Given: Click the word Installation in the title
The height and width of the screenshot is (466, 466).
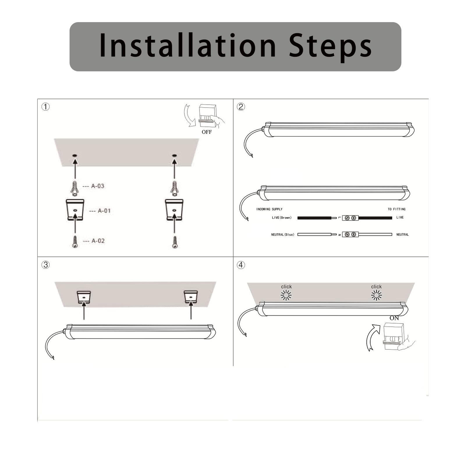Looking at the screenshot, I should (187, 46).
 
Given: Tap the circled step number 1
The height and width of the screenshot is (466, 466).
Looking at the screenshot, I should (45, 107).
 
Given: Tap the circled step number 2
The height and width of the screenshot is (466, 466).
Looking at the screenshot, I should (241, 107).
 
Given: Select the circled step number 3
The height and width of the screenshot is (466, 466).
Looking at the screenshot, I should (45, 265).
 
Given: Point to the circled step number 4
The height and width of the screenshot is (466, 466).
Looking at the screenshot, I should (241, 265).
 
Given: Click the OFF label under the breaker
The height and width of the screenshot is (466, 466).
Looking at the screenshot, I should (206, 132).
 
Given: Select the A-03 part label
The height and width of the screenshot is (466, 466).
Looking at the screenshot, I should (98, 186).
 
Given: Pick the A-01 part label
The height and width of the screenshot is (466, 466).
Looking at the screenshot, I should (104, 211).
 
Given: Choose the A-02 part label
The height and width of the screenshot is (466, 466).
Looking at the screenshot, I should (98, 241).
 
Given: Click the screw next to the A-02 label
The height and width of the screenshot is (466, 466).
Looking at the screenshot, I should (75, 242).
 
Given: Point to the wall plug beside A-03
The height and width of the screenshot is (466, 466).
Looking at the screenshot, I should (75, 188).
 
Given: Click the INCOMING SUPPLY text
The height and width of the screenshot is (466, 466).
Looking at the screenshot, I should (269, 209).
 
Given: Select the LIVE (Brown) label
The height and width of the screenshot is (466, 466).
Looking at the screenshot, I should (281, 218).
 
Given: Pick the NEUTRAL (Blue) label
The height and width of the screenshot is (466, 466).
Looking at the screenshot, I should (283, 234).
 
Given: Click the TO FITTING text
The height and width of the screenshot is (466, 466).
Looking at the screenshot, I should (396, 209).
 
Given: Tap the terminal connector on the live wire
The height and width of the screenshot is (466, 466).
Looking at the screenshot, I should (350, 218).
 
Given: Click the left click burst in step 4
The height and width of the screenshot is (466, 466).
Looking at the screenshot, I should (286, 295).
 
